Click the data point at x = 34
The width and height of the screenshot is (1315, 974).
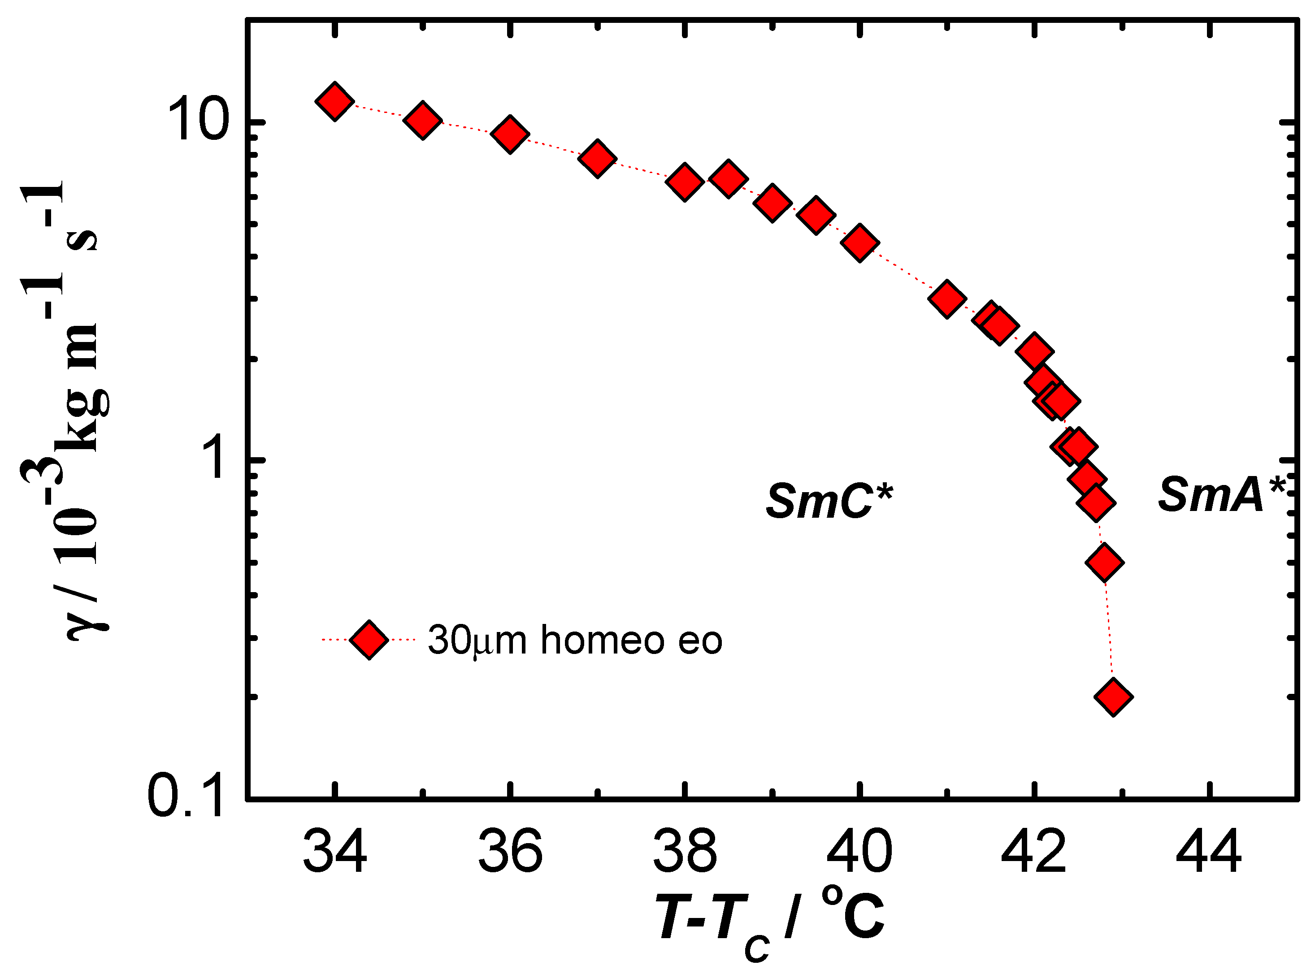[x=334, y=101]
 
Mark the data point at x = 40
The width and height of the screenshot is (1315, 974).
[x=860, y=242]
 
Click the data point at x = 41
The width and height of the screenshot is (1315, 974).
[x=947, y=299]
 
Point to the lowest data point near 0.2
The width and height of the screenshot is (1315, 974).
[x=1113, y=696]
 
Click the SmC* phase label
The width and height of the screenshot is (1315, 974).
[x=829, y=502]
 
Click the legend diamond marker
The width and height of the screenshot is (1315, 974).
[x=369, y=639]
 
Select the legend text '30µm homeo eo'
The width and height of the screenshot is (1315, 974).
[x=575, y=640]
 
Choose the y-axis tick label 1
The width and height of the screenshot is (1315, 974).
[x=212, y=459]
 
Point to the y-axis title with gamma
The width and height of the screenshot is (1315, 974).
[x=65, y=413]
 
